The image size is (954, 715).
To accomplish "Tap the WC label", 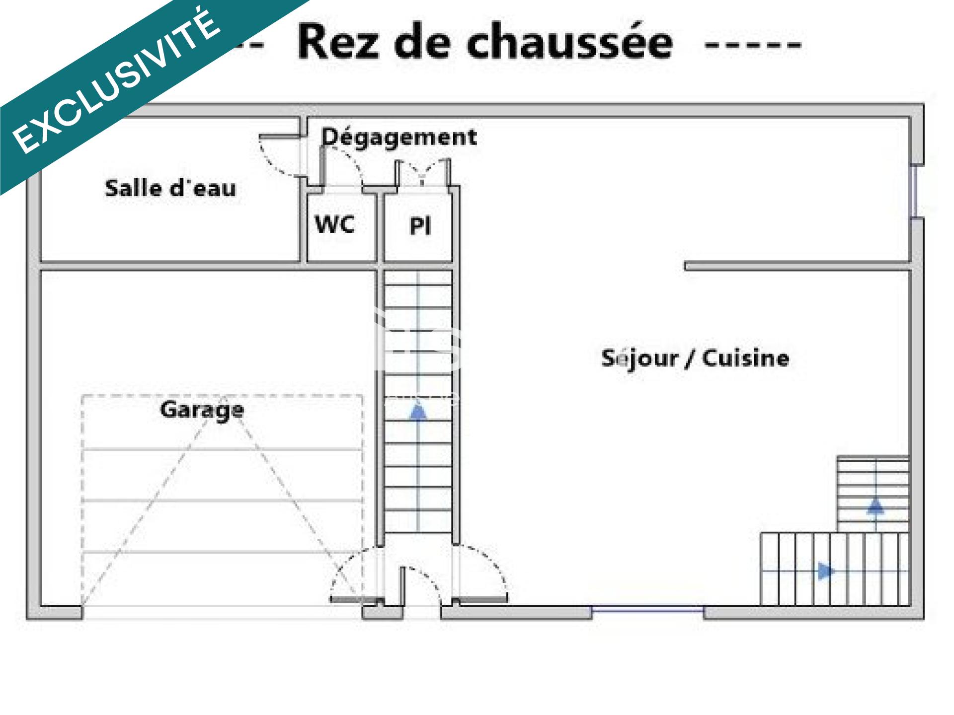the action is click(335, 224).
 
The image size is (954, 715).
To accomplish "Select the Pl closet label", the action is click(420, 226).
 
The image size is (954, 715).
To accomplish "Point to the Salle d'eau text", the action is click(170, 189).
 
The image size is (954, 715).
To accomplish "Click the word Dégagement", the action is click(399, 137).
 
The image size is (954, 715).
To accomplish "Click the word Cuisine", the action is click(745, 358).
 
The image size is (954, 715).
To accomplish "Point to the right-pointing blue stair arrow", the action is click(825, 571).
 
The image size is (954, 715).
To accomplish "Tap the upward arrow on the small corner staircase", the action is click(875, 506).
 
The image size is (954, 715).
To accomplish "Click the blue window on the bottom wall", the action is click(647, 608).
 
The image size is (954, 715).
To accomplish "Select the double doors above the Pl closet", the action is click(423, 172).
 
